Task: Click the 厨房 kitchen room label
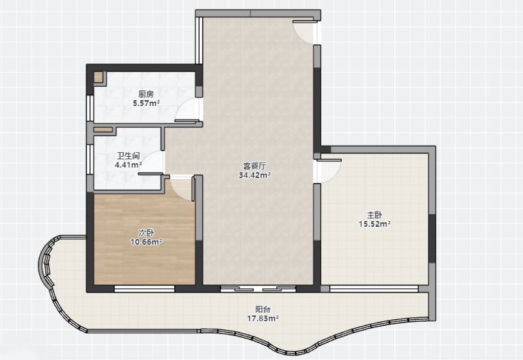tap(146, 94)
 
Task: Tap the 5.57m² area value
tap(146, 103)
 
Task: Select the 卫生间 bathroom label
tap(128, 156)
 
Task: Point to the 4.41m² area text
tap(128, 164)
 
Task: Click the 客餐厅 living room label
tap(254, 166)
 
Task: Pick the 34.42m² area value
tap(254, 175)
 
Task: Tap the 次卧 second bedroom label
tap(146, 233)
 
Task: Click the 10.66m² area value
tap(146, 242)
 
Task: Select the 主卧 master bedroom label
tap(374, 215)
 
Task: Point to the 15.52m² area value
tap(374, 224)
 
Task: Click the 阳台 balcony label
tap(263, 309)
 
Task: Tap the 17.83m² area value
tap(263, 318)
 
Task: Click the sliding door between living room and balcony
tap(258, 289)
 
